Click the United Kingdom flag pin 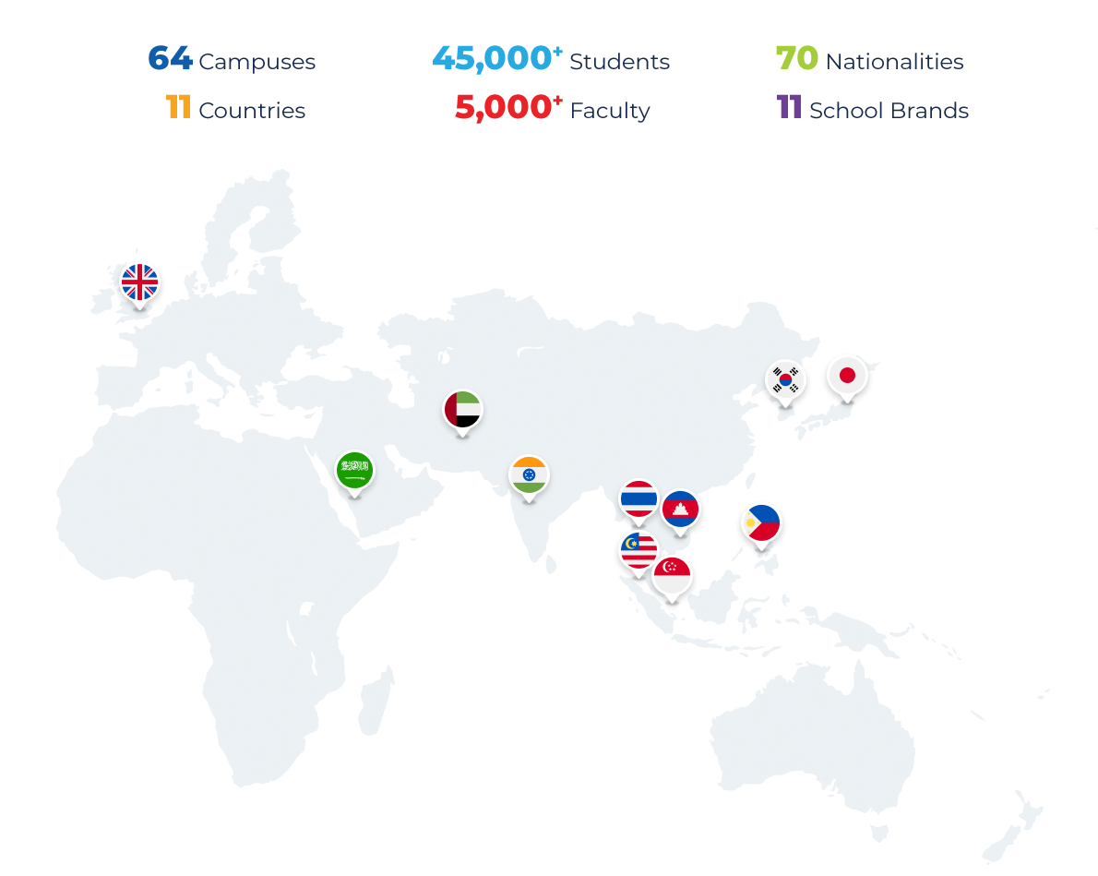pyautogui.click(x=140, y=282)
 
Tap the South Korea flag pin pyautogui.click(x=785, y=379)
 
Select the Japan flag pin pyautogui.click(x=846, y=376)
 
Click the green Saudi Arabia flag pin pyautogui.click(x=353, y=470)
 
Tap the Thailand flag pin pyautogui.click(x=639, y=499)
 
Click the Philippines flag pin pyautogui.click(x=761, y=523)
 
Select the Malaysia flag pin pyautogui.click(x=638, y=551)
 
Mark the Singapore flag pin pyautogui.click(x=673, y=577)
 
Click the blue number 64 pyautogui.click(x=170, y=60)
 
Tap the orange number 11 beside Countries pyautogui.click(x=178, y=109)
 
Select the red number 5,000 pyautogui.click(x=505, y=109)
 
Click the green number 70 pyautogui.click(x=796, y=60)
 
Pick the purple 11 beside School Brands pyautogui.click(x=789, y=109)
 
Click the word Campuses pyautogui.click(x=257, y=63)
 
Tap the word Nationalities pyautogui.click(x=894, y=62)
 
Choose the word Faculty pyautogui.click(x=610, y=111)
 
